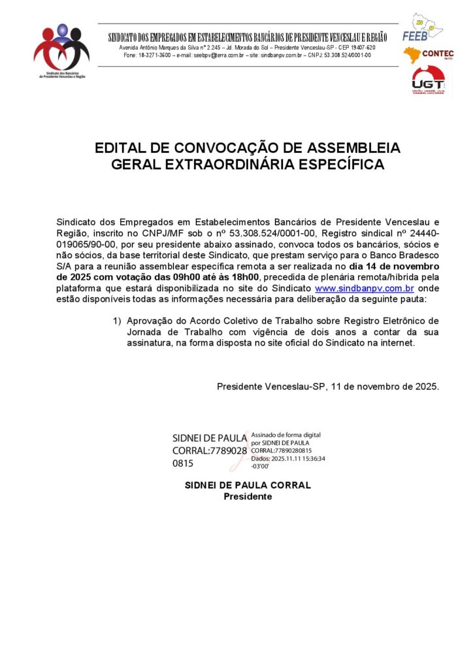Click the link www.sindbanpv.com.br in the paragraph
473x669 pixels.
[x=365, y=288]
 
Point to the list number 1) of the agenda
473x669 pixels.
[x=118, y=321]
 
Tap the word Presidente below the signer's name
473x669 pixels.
[x=248, y=497]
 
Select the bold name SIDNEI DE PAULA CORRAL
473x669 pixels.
[x=248, y=485]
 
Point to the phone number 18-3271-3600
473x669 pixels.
[x=156, y=56]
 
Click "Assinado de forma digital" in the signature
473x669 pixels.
[x=285, y=434]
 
